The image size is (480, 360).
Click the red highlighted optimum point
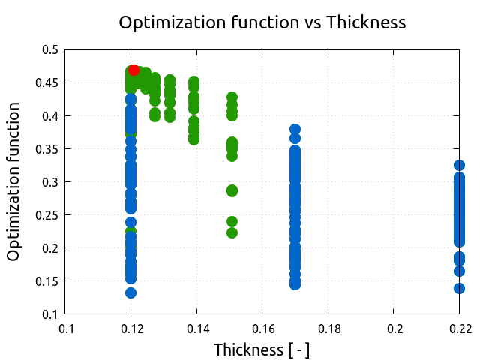pos(133,70)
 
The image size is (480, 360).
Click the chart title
pos(262,22)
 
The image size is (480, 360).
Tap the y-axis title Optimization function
pos(13,182)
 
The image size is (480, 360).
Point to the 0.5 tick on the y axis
pos(49,50)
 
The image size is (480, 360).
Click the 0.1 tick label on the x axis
pos(66,328)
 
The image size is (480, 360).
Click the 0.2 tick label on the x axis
pos(394,328)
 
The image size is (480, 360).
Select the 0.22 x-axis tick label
pos(459,328)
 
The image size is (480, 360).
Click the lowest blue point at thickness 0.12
pos(130,292)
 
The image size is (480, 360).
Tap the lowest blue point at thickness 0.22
pos(459,288)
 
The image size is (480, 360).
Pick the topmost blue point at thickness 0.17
pos(295,130)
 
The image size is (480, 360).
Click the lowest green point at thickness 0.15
pos(232,232)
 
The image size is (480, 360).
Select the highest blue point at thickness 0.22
pos(459,165)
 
